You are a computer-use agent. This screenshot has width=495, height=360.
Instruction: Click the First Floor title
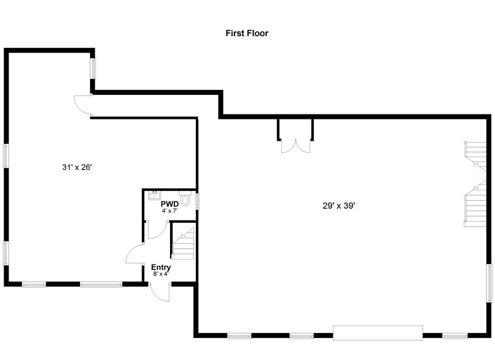247,33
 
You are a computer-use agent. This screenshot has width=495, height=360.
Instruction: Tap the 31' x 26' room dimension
77,167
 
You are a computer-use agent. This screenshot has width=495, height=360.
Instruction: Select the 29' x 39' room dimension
339,206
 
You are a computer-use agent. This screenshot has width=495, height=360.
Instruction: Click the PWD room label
170,204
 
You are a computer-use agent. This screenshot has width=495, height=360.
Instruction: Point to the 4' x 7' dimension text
170,211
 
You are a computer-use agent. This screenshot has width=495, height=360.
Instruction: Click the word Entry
161,268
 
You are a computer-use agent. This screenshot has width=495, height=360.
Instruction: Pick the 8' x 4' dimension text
161,274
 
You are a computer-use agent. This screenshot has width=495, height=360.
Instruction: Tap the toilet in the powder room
185,198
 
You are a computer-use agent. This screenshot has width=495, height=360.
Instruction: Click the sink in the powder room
155,195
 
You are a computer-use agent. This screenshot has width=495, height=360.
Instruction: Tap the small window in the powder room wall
198,201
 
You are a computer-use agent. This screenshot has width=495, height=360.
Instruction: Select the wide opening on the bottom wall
378,333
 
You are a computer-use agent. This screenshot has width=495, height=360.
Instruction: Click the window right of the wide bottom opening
455,336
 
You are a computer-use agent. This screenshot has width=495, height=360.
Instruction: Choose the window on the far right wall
489,283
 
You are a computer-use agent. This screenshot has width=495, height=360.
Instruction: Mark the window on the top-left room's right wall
93,68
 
